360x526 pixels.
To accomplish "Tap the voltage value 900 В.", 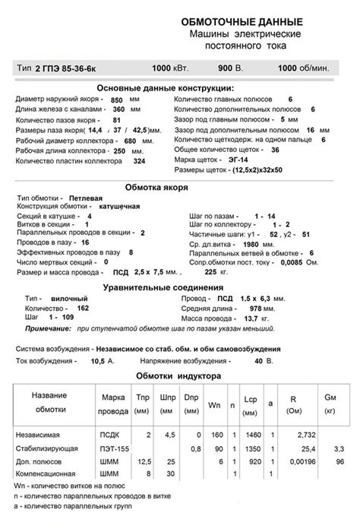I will click(x=230, y=68).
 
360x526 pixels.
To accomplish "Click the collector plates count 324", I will click(x=138, y=160).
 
